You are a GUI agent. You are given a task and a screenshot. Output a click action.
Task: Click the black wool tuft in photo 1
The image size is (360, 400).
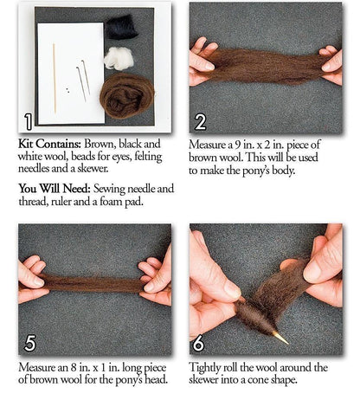click(x=121, y=27)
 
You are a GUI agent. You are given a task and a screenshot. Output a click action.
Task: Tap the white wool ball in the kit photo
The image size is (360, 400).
click(x=119, y=58)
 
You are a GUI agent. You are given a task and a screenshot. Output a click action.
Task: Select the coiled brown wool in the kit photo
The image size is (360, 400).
click(x=127, y=95)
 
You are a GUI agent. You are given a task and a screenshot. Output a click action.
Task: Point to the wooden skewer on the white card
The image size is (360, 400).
click(x=55, y=79)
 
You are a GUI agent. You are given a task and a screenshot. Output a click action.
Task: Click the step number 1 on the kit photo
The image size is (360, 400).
click(x=28, y=121)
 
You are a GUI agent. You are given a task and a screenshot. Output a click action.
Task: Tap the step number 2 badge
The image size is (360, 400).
click(x=201, y=122)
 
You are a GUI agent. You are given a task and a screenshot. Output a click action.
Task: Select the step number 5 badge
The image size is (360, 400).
click(x=29, y=343)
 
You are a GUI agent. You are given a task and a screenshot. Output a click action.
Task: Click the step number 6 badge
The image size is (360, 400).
click(x=198, y=343)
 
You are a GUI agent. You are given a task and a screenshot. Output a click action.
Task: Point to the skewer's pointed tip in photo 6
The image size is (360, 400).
click(x=287, y=344)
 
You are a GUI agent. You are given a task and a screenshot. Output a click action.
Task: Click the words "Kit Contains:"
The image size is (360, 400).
click(x=49, y=144)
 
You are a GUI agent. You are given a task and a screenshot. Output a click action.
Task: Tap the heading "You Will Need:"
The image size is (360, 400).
click(x=55, y=189)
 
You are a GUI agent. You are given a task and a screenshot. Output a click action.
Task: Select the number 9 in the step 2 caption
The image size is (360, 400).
click(x=237, y=145)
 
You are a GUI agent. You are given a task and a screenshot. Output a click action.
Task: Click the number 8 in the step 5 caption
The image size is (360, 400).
click(x=74, y=368)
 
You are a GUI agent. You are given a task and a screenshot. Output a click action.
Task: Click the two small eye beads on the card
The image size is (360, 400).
click(x=67, y=90)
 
